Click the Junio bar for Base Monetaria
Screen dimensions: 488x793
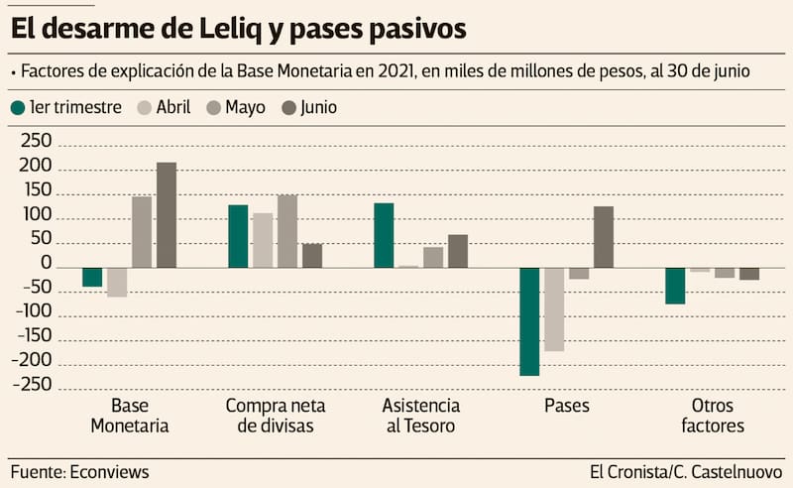[x=167, y=215]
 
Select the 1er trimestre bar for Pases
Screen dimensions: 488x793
[x=529, y=321]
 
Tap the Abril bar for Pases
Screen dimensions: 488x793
[x=554, y=309]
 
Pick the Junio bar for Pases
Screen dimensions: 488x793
[x=603, y=237]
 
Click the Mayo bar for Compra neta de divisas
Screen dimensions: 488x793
[x=287, y=231]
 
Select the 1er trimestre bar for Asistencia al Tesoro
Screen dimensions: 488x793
[x=384, y=235]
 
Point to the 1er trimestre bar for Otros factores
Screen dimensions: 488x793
[x=675, y=286]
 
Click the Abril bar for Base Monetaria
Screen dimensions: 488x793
[x=117, y=283]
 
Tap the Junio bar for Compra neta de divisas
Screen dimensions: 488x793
[x=312, y=256]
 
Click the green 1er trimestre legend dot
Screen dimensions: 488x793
[x=17, y=107]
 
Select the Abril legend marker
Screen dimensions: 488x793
[x=143, y=107]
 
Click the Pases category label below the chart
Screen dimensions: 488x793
[x=566, y=407]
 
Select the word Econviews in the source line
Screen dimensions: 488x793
[x=109, y=472]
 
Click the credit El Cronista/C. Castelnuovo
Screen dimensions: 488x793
[x=685, y=472]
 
